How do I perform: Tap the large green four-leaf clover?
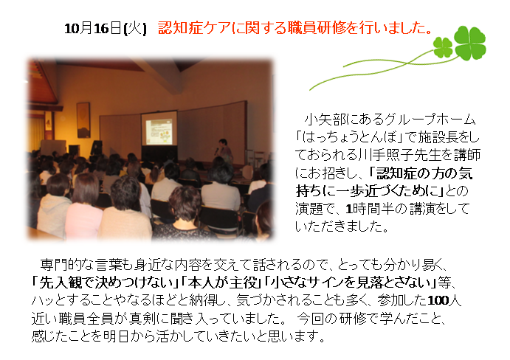click(469, 42)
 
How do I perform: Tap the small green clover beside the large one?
click(443, 48)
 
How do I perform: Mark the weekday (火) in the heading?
click(137, 29)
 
